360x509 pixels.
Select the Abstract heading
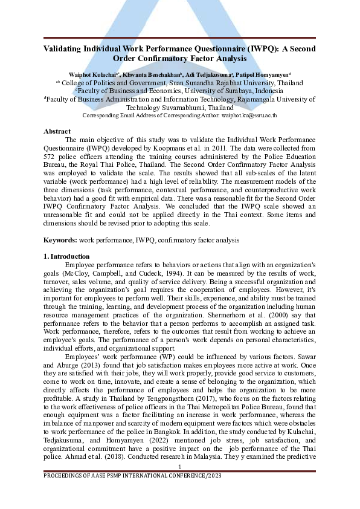point(57,131)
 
